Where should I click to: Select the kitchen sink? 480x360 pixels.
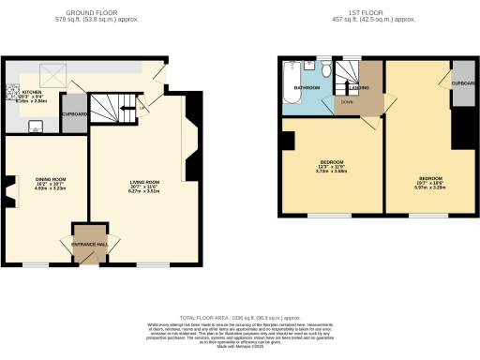click(x=37, y=127)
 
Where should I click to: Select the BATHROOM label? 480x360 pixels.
click(x=307, y=89)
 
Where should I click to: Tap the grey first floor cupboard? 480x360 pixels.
click(x=463, y=82)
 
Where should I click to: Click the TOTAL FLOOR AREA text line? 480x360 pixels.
click(x=240, y=318)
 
